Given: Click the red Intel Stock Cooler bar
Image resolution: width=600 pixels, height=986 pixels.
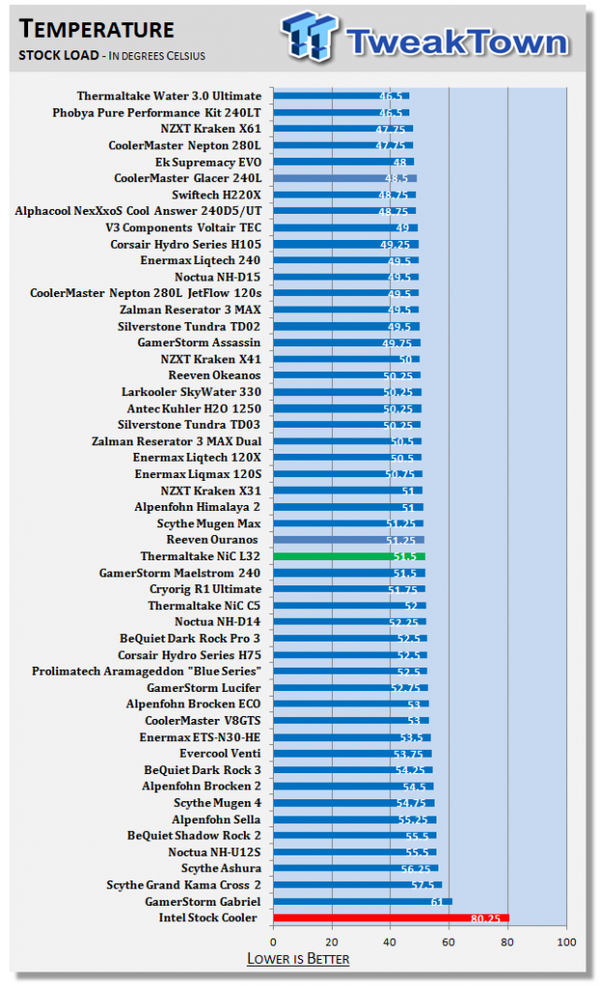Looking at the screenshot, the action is tap(391, 918).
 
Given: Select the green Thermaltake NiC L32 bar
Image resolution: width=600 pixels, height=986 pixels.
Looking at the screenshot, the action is tap(349, 555).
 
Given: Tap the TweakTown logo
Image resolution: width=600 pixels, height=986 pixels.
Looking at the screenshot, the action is tap(425, 38).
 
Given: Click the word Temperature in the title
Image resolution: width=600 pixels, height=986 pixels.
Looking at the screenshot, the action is tap(96, 29).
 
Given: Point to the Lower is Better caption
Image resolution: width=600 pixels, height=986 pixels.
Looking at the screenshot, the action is tap(298, 959).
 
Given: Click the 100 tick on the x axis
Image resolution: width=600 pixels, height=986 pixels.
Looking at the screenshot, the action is tap(566, 942).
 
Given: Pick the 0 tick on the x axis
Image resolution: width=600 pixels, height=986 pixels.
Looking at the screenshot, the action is tap(273, 942).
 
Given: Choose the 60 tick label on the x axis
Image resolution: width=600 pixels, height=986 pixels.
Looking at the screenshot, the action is tap(448, 942).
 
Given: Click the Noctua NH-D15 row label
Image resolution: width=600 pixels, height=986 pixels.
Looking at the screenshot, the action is tap(217, 277).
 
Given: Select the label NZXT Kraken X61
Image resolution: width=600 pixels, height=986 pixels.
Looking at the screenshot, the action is tap(211, 129).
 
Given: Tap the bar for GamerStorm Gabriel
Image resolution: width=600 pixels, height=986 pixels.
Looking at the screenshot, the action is tap(362, 901).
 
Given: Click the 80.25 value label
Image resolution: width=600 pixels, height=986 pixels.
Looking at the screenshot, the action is tap(486, 918).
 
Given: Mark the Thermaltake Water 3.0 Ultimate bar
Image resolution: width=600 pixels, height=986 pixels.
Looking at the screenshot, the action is tap(341, 96).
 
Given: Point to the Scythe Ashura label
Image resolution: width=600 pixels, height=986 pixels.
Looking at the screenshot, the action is tap(221, 868).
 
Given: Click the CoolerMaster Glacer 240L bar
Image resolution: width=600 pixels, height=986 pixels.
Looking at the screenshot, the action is tap(345, 178).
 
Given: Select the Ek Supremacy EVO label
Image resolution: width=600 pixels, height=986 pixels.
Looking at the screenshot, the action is tap(208, 162).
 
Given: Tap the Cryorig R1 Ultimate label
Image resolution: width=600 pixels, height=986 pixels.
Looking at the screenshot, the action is tap(205, 589).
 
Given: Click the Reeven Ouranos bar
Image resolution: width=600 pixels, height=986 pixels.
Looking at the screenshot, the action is tap(348, 540).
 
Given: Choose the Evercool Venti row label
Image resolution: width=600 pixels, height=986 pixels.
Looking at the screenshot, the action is tap(220, 754).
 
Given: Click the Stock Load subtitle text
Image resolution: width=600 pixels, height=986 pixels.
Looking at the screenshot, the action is tap(58, 55).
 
